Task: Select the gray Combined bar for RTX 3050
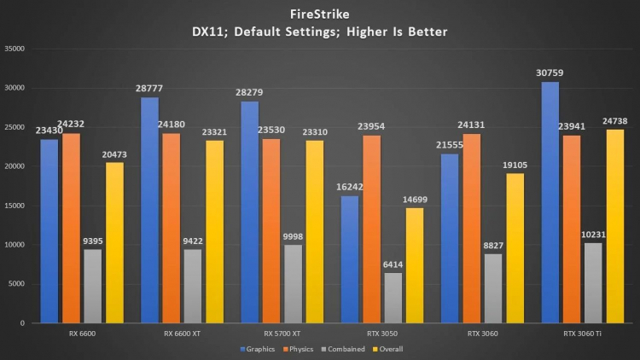coord(393,298)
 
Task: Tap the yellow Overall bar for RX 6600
coord(114,242)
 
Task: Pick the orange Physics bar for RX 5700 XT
coord(271,230)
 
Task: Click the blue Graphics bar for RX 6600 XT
coord(149,210)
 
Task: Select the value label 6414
coord(393,265)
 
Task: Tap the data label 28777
coord(149,89)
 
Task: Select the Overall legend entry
coord(387,349)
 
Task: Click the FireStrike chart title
coord(319,13)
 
